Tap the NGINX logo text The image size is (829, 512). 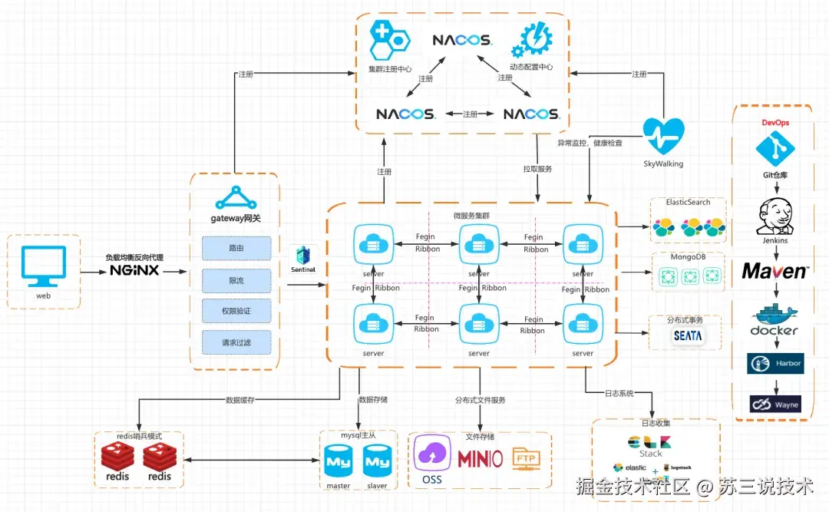134,271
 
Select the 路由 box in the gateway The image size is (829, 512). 236,249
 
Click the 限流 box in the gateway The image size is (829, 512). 236,281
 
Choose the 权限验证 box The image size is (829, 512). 236,312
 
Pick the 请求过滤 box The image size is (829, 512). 236,342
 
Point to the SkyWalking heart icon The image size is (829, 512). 662,137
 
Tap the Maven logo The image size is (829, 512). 775,271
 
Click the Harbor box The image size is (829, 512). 775,363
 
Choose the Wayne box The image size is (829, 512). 775,404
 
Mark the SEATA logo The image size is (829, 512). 688,336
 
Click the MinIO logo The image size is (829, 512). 480,459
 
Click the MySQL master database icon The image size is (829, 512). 339,462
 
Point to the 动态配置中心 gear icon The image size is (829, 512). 535,41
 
